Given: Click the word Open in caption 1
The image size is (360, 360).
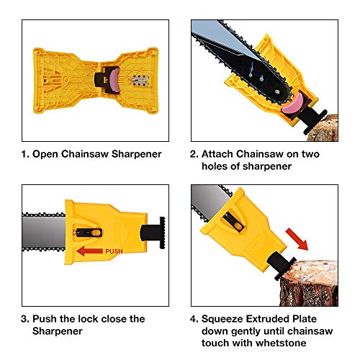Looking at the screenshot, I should pos(51,154).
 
